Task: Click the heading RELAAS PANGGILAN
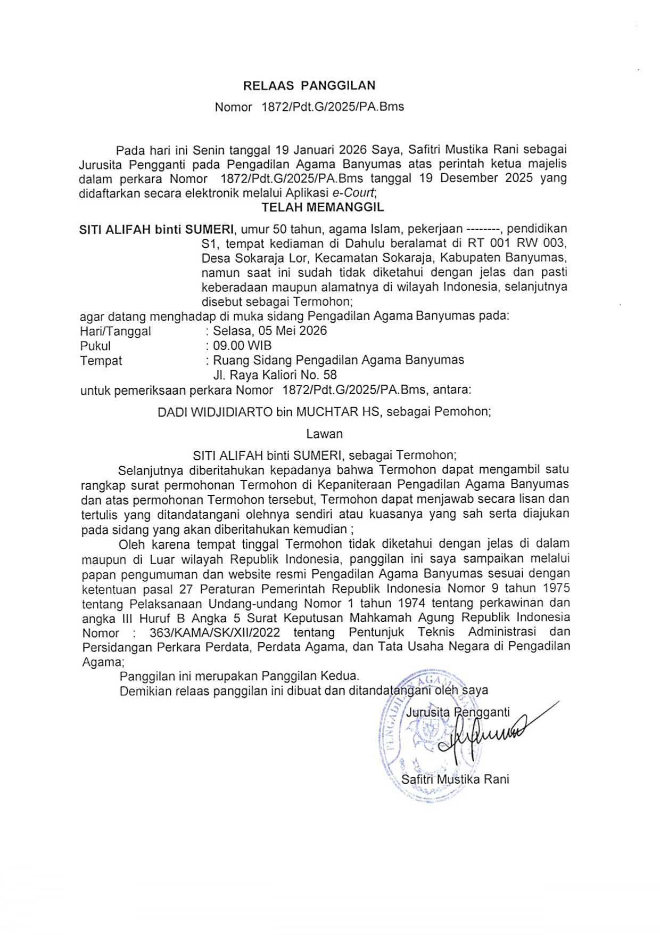tap(309, 85)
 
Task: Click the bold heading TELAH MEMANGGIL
tap(323, 207)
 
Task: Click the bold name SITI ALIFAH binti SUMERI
tap(156, 230)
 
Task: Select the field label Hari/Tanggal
tap(115, 331)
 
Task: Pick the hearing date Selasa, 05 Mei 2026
tap(270, 331)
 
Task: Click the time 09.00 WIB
tap(242, 345)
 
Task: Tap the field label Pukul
tap(95, 346)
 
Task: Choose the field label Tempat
tap(101, 361)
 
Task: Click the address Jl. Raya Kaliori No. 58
tap(275, 375)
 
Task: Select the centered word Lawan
tap(324, 434)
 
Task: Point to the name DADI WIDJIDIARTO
tap(215, 412)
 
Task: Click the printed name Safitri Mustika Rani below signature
tap(455, 779)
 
